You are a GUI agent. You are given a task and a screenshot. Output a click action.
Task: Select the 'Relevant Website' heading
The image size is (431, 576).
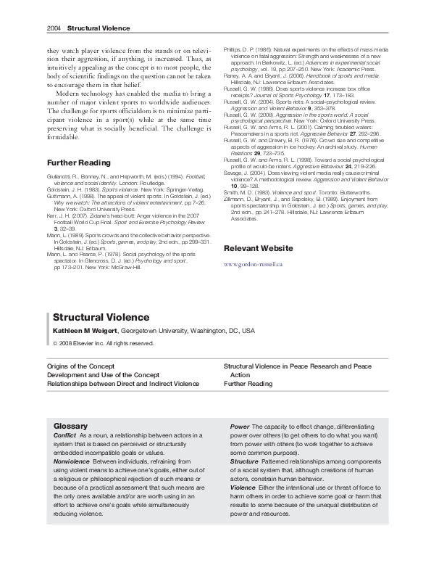point(259,248)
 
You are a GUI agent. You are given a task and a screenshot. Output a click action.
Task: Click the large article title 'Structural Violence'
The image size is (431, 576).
point(101,317)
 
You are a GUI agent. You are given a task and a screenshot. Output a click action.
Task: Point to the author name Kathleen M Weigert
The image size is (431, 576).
point(85,330)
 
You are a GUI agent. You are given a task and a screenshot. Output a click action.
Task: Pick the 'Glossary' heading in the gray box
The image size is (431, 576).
point(71,426)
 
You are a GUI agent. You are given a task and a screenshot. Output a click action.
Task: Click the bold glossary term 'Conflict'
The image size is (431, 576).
point(64,435)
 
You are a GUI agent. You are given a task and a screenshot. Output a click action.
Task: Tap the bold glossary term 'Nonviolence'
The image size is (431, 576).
point(72,461)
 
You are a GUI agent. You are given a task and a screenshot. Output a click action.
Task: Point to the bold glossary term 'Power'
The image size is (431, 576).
point(240,426)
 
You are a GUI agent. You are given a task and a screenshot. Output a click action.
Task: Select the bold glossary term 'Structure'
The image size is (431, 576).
point(244,461)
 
